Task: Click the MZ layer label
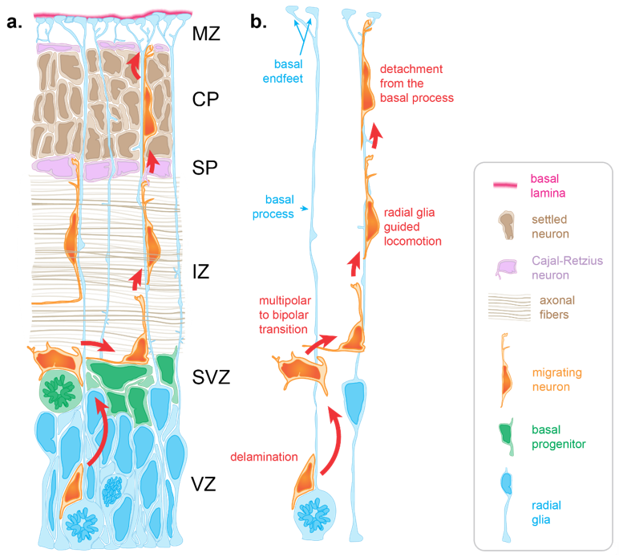[x=206, y=34]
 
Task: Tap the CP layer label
[x=205, y=100]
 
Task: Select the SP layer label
[x=204, y=168]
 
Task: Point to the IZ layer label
[x=201, y=272]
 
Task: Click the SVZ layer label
[x=211, y=377]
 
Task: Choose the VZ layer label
[x=204, y=484]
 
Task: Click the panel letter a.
[x=14, y=22]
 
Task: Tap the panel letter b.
[x=258, y=22]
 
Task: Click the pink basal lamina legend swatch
[x=505, y=185]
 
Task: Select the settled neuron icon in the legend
[x=507, y=226]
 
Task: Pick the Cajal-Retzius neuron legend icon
[x=507, y=269]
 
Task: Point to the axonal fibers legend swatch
[x=509, y=307]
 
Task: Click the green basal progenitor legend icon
[x=507, y=437]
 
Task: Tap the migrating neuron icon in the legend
[x=506, y=370]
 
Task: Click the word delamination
[x=264, y=457]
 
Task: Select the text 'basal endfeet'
[x=283, y=71]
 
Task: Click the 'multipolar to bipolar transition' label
[x=285, y=315]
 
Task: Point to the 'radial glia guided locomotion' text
[x=413, y=227]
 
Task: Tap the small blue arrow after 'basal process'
[x=304, y=208]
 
